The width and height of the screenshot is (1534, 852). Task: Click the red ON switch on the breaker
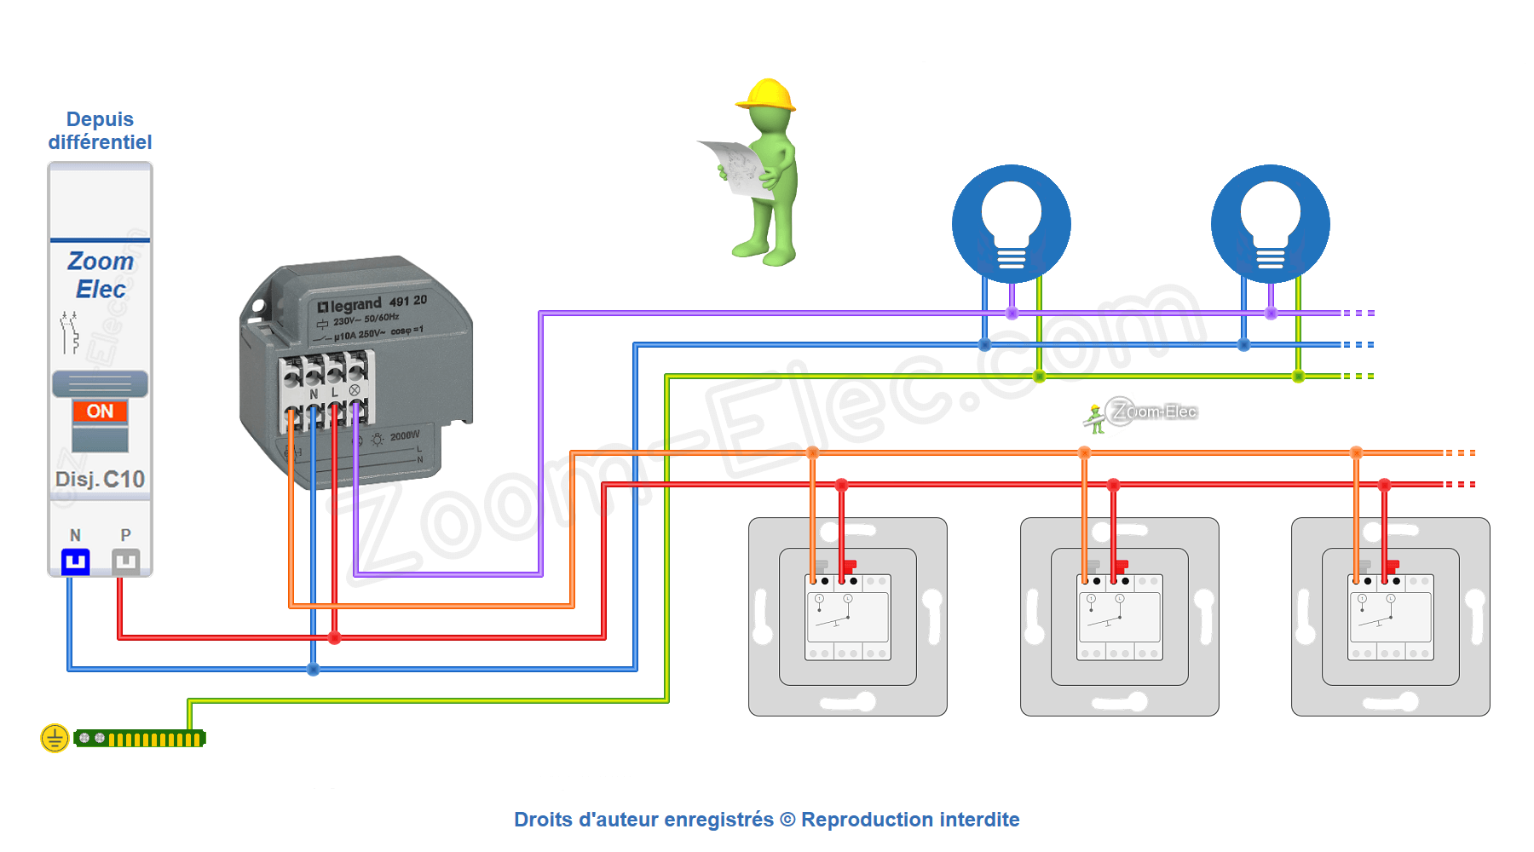(x=100, y=412)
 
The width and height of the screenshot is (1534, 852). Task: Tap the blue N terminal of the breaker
(x=76, y=561)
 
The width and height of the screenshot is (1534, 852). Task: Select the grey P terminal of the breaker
(x=126, y=561)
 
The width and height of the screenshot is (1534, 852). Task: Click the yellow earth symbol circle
(x=55, y=738)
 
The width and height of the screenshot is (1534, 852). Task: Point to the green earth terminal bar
(x=140, y=739)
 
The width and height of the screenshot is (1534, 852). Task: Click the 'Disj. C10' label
(x=100, y=480)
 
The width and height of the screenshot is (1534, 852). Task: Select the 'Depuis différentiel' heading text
(x=100, y=130)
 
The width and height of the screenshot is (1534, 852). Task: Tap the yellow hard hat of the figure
(x=767, y=95)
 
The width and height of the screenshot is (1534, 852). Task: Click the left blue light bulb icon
(x=1012, y=223)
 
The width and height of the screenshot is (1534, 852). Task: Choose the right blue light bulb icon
(x=1271, y=223)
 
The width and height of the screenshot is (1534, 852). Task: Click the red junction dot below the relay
(x=335, y=637)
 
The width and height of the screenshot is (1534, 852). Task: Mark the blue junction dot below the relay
(x=314, y=669)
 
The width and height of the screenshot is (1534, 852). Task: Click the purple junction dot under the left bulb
(x=1012, y=314)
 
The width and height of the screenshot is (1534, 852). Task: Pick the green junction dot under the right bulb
(x=1298, y=376)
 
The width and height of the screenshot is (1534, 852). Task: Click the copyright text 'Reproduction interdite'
(x=910, y=820)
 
